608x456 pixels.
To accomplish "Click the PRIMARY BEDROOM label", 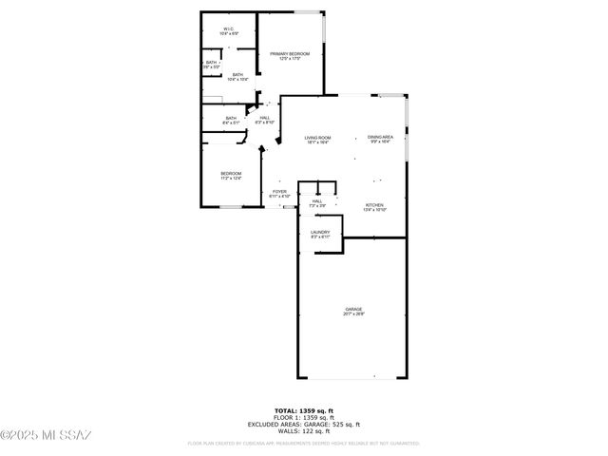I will point(290,54).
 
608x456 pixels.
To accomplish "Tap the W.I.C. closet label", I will point(229,29).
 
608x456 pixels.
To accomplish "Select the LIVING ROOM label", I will point(317,138).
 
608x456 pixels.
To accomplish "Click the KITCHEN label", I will point(375,205).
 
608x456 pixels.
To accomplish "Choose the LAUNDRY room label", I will point(320,232).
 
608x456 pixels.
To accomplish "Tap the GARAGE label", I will point(353,310).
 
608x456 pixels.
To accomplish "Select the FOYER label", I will point(279,192).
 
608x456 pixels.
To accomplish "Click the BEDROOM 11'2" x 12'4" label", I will point(231,173).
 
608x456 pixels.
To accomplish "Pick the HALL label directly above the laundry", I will point(317,201).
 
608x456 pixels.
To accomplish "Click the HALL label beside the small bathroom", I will point(266,118).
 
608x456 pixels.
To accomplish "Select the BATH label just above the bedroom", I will point(231,119).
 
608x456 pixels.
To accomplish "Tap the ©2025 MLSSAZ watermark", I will point(46,435).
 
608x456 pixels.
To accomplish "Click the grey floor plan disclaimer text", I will point(303,443).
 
